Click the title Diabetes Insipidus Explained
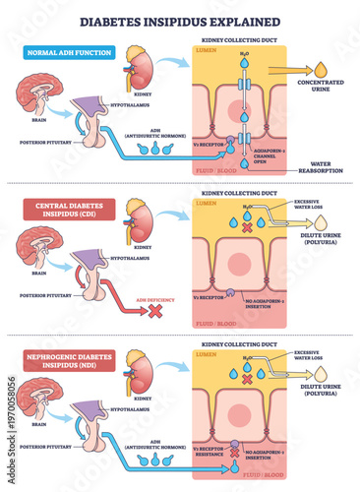point(180,21)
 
